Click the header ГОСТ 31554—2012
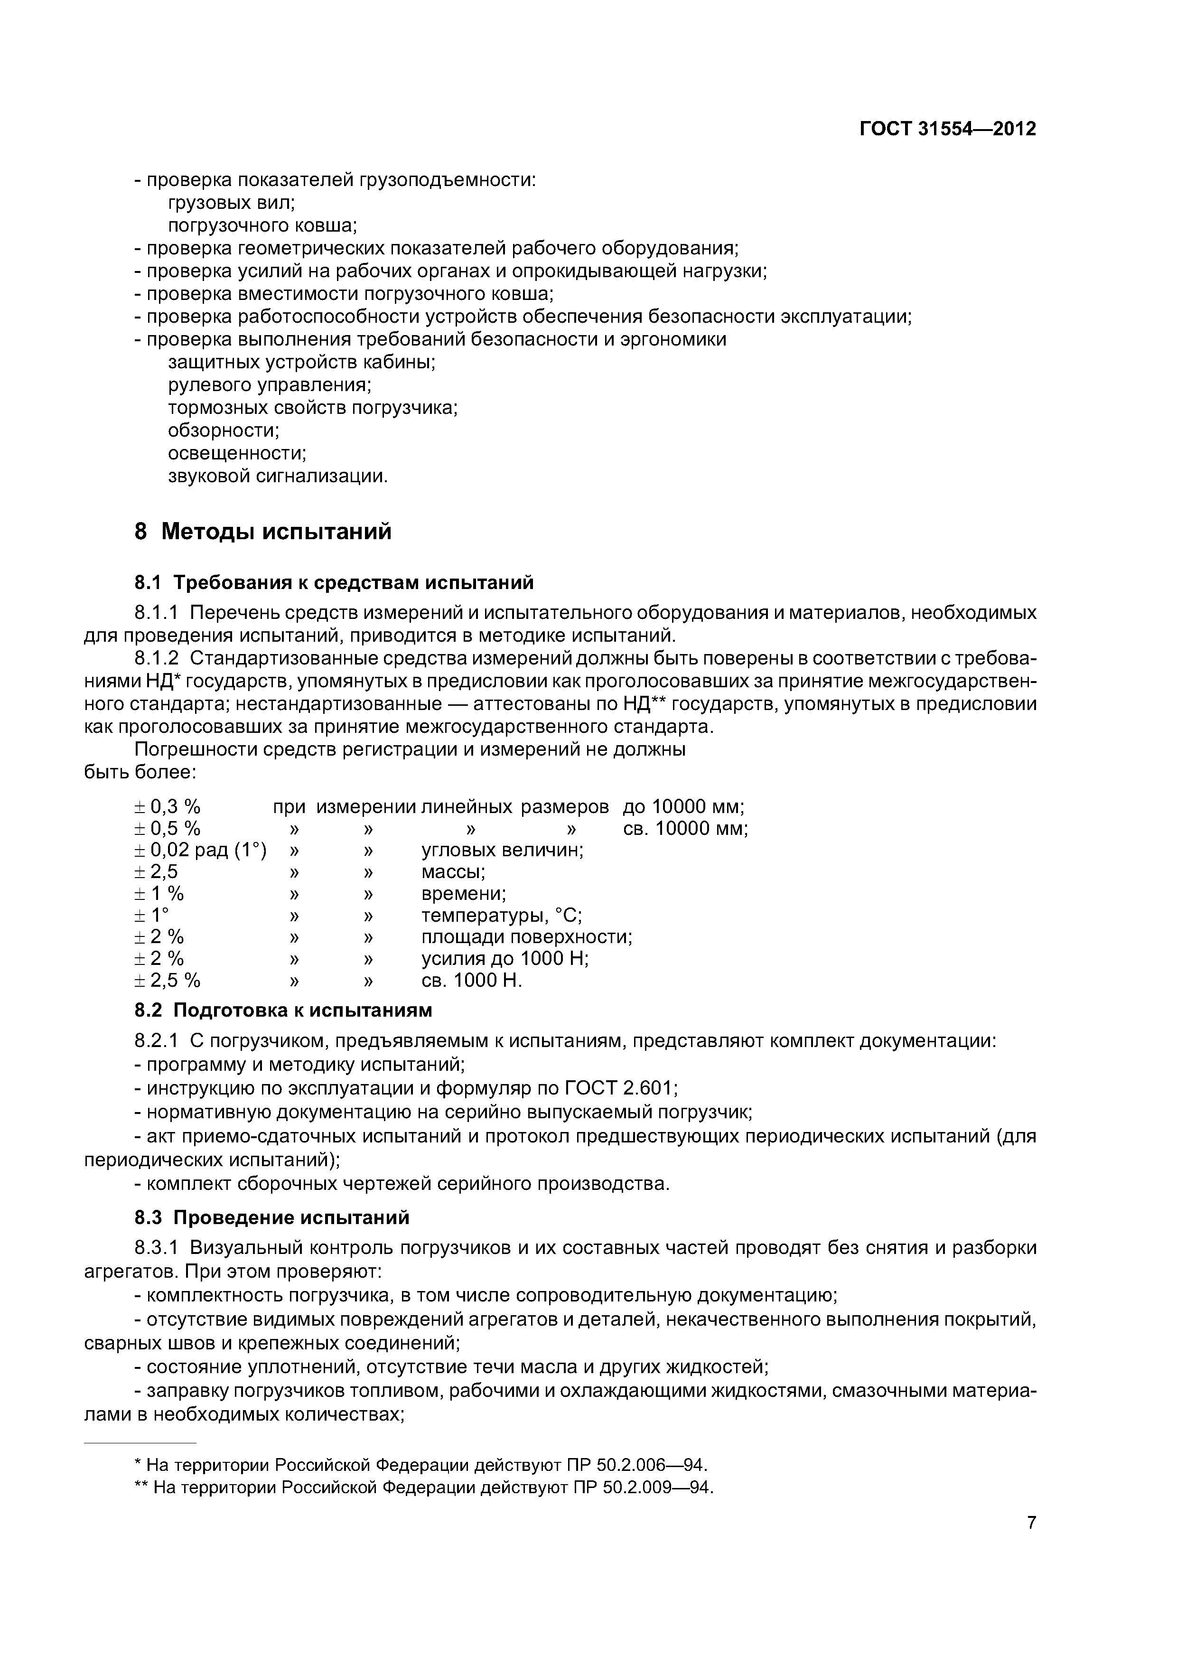click(947, 129)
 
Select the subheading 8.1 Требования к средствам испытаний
click(334, 582)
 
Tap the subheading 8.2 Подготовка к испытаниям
click(283, 1010)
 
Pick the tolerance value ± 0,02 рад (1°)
click(200, 850)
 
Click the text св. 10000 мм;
click(684, 828)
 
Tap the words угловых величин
click(502, 850)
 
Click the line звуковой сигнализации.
click(278, 477)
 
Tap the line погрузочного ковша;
click(262, 225)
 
